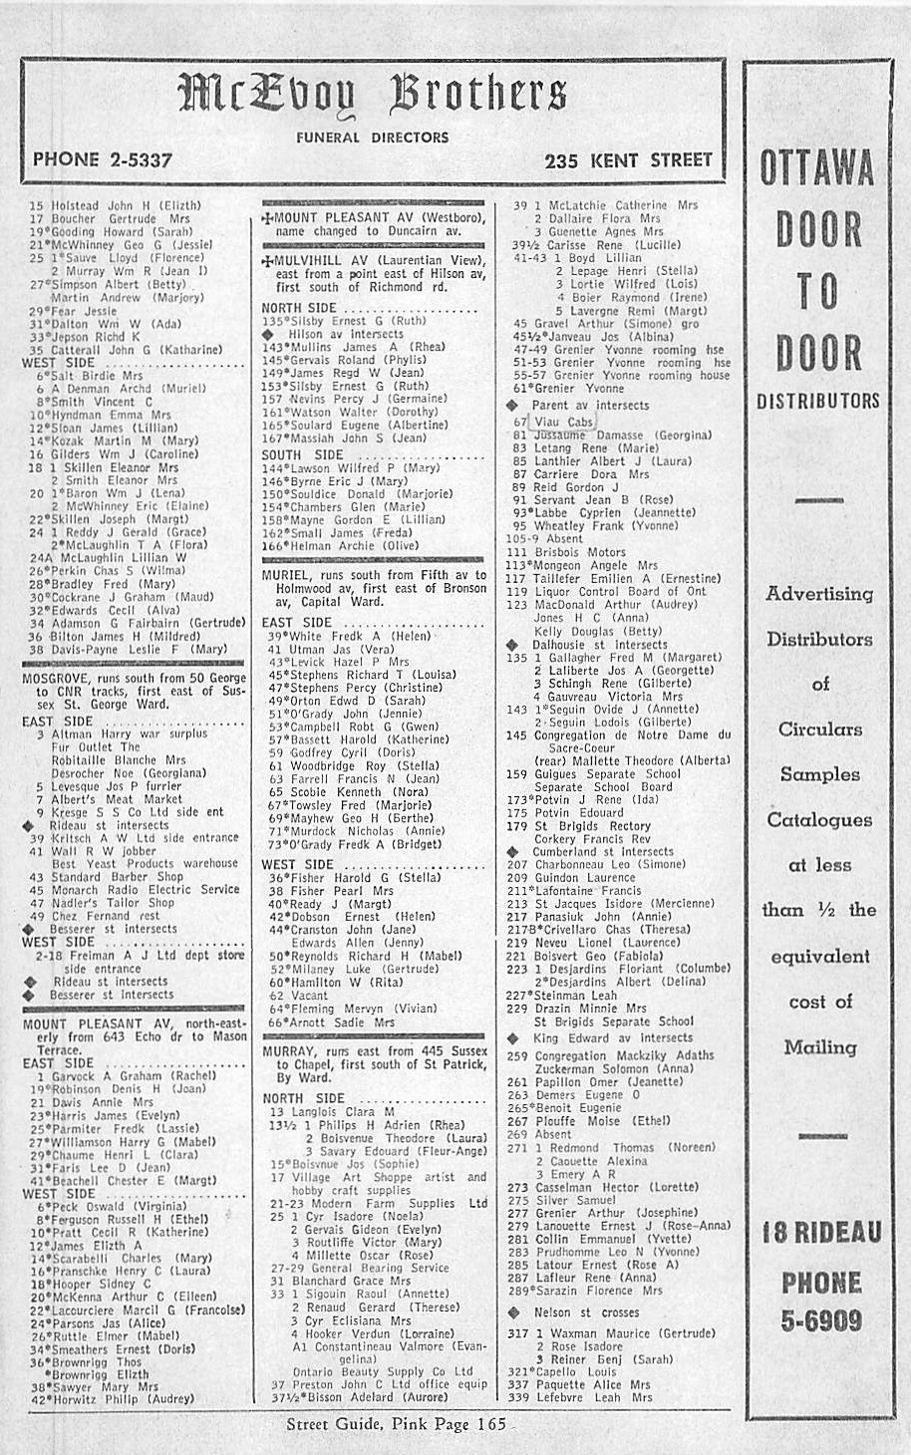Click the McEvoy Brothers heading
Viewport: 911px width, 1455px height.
point(373,98)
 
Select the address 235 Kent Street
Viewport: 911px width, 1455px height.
point(628,159)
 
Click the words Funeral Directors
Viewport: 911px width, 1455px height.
point(372,138)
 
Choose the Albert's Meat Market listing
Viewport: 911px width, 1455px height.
point(117,798)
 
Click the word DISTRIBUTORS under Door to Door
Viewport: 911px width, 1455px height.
point(817,400)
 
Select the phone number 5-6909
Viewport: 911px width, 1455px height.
point(820,1320)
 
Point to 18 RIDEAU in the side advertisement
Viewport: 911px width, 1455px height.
point(820,1234)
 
